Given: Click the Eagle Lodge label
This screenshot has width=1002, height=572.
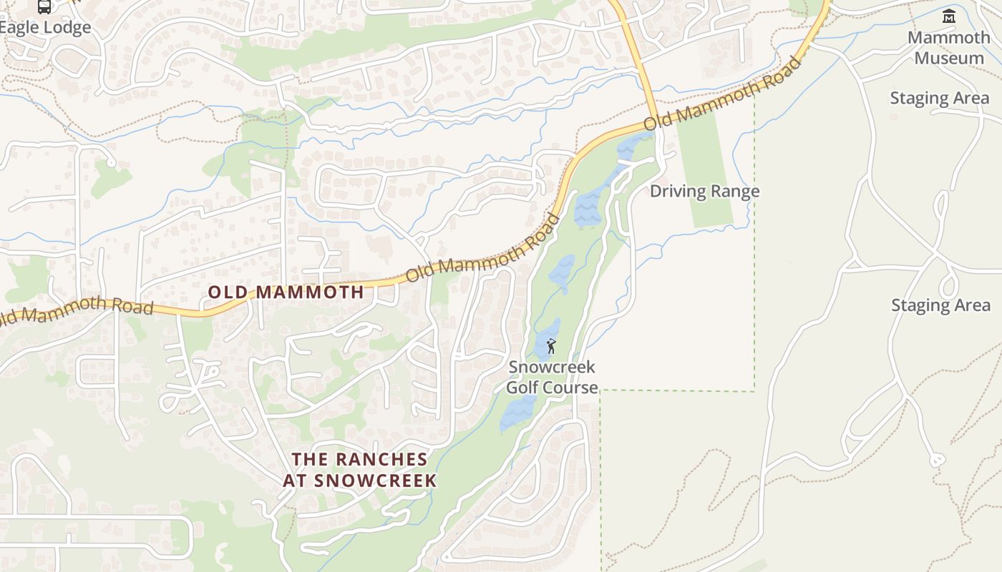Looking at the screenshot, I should tap(47, 28).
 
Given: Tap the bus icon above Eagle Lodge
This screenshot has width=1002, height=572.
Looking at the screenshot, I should tap(44, 6).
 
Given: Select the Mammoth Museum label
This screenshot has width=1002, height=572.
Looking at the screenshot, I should tap(949, 47).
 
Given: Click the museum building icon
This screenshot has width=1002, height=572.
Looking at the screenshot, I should tap(949, 16).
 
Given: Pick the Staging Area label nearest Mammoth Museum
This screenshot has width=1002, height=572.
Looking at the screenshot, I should tap(939, 98).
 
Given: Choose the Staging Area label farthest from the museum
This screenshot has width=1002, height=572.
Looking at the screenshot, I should tap(940, 305).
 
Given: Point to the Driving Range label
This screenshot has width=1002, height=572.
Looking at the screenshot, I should tap(704, 191).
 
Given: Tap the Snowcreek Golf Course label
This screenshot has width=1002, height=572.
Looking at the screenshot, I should tap(552, 378).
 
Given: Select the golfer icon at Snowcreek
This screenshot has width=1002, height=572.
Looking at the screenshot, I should tap(551, 347).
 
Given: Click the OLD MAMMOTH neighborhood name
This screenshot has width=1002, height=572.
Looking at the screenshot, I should tap(286, 292).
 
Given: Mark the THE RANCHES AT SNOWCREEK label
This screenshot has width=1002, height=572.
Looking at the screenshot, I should tap(359, 469).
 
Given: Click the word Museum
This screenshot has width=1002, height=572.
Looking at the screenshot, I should tap(949, 58).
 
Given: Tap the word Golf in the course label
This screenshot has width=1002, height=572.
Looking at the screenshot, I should tap(522, 388).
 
